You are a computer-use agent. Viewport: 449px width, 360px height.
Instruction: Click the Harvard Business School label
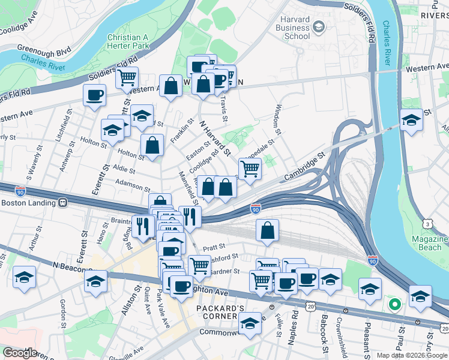coord(292,28)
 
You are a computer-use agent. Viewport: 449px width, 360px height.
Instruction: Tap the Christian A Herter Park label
coord(127,41)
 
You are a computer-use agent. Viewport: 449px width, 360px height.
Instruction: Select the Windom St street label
coord(277,119)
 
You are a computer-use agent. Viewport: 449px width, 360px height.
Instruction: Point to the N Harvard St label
coord(215,138)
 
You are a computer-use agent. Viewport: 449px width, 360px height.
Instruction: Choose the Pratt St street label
coord(214,246)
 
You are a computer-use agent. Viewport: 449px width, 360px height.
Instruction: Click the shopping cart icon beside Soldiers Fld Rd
coord(127,77)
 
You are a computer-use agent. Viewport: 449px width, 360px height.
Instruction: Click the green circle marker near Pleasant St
coord(394,304)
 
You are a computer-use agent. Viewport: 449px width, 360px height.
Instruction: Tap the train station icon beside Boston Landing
coord(62,203)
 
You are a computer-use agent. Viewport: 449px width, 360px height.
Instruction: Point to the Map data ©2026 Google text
coord(411,355)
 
